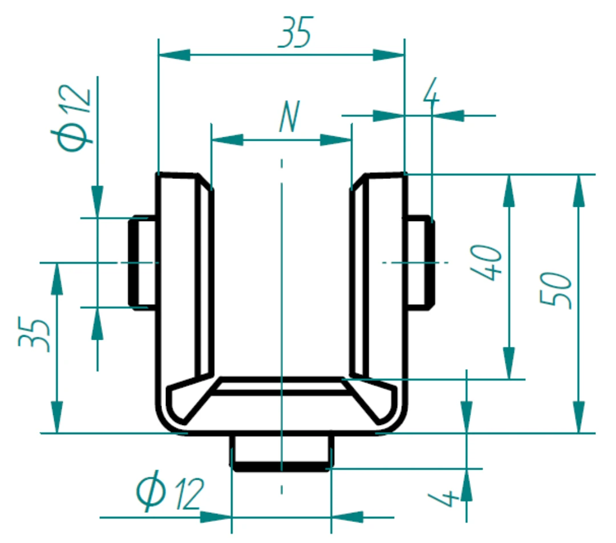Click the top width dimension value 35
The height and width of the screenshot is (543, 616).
pyautogui.click(x=295, y=32)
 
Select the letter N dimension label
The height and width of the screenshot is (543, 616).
pyautogui.click(x=290, y=116)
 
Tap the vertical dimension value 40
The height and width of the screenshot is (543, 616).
pyautogui.click(x=486, y=263)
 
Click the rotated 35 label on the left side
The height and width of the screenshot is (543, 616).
pyautogui.click(x=34, y=334)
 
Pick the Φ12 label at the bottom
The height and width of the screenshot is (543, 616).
pyautogui.click(x=170, y=491)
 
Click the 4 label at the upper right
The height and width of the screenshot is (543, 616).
pyautogui.click(x=431, y=90)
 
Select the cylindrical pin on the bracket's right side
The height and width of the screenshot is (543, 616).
pyautogui.click(x=421, y=263)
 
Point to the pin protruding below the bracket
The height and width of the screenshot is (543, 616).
pyautogui.click(x=282, y=452)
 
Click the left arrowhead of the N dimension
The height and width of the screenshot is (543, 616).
pyautogui.click(x=227, y=140)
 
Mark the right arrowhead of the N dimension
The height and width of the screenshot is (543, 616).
pyautogui.click(x=336, y=140)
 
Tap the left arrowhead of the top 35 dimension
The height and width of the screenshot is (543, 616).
pyautogui.click(x=174, y=55)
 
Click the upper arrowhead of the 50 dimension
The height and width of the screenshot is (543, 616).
pyautogui.click(x=579, y=190)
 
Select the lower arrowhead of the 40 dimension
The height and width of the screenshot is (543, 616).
pyautogui.click(x=509, y=364)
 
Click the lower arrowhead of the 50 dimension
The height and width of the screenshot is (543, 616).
pyautogui.click(x=579, y=417)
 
